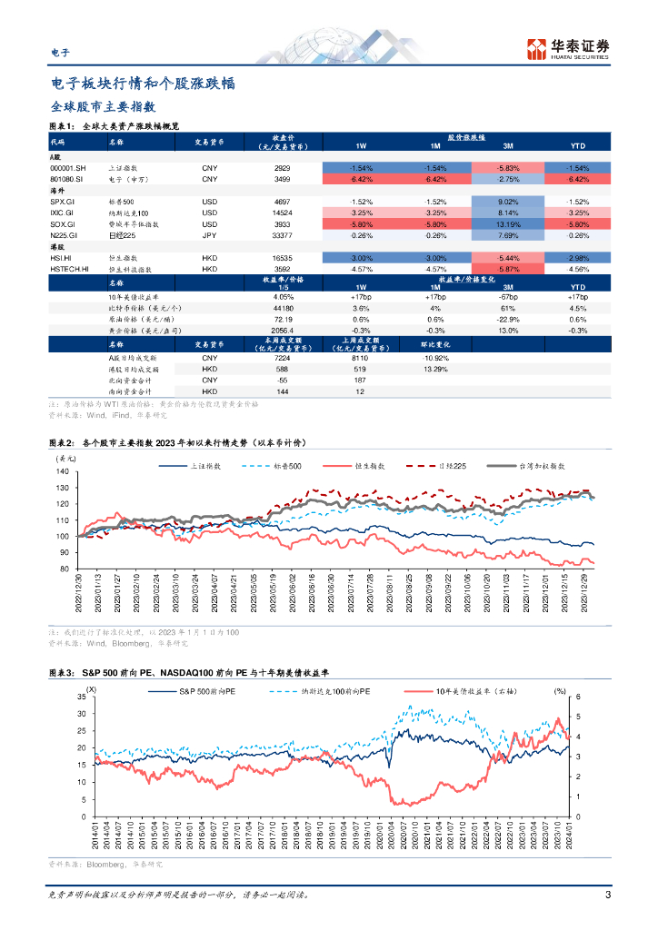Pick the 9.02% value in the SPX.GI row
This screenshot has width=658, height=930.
509,201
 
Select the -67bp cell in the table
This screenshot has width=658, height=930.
509,297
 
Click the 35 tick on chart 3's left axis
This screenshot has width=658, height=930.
81,697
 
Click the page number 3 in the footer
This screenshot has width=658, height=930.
607,895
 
